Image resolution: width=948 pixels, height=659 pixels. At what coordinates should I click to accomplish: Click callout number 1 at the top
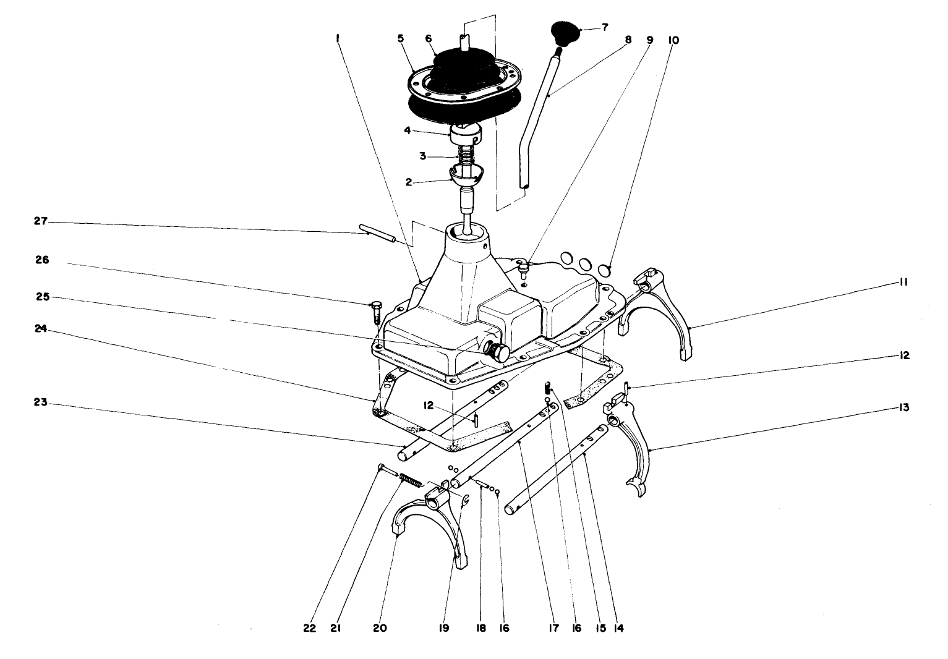point(338,38)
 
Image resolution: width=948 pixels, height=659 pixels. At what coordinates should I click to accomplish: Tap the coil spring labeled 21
point(411,480)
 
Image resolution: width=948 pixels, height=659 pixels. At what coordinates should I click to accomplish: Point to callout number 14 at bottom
point(618,628)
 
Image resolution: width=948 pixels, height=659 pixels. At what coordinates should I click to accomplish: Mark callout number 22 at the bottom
point(310,628)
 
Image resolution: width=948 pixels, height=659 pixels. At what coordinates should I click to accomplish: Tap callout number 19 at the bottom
point(445,628)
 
